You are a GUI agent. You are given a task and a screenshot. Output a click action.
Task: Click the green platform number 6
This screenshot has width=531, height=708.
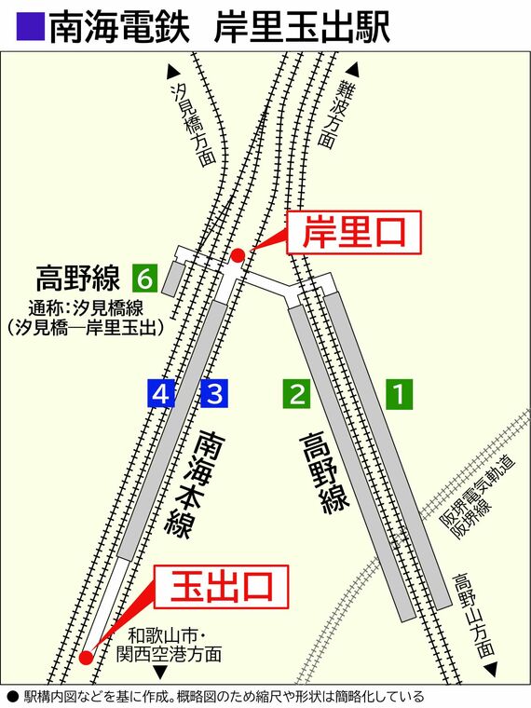(x=144, y=277)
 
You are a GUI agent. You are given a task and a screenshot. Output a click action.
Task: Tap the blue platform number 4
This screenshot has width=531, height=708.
(x=161, y=394)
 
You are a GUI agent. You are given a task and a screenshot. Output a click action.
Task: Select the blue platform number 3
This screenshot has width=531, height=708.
(x=214, y=394)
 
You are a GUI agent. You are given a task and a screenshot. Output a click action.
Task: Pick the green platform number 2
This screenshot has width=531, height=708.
(x=295, y=394)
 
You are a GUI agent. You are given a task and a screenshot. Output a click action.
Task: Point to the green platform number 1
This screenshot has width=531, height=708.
(x=400, y=394)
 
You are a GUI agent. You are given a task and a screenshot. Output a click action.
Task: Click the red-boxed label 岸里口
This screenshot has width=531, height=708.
(x=353, y=233)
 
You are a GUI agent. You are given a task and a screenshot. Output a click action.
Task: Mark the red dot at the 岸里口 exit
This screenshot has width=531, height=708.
(x=238, y=254)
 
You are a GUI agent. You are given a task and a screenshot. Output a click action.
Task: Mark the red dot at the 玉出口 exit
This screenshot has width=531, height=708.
(x=86, y=658)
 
